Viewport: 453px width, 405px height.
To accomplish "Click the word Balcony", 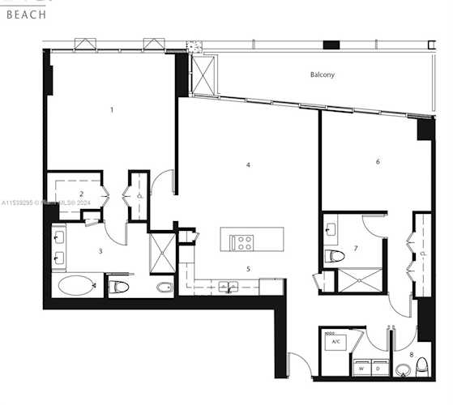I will (x=322, y=75).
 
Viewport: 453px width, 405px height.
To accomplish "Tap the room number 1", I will (x=112, y=109).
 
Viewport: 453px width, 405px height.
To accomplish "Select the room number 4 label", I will (x=248, y=165).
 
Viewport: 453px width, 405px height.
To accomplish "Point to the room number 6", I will (x=378, y=161).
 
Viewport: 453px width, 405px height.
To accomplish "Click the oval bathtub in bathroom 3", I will (x=75, y=285).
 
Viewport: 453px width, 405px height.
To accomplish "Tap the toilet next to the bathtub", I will (x=119, y=286).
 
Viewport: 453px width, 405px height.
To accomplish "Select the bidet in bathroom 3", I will (x=162, y=287).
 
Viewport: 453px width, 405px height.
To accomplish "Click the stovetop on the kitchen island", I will (x=242, y=240).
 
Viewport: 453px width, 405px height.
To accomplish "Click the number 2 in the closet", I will (x=81, y=193).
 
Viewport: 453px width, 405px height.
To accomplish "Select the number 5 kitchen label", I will (x=248, y=268).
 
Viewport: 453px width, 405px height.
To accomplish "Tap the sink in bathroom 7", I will (x=330, y=229).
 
